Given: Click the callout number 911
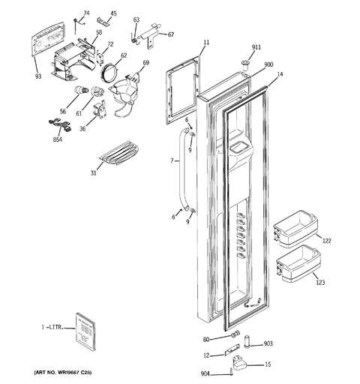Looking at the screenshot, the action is point(256,47).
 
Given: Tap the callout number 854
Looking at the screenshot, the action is point(58,139).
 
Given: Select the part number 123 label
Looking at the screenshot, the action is point(320,283).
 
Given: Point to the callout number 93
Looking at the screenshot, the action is point(38,76).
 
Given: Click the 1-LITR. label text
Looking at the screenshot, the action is point(52,327).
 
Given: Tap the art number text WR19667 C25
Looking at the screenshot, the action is point(63,373).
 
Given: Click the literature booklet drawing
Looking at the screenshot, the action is point(85,331).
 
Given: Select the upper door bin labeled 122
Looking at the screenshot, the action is point(295,229).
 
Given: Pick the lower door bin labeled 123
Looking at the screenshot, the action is point(298,263).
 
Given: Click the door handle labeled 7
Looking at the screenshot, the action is point(184,170).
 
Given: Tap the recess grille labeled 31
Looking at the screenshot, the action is point(119,152).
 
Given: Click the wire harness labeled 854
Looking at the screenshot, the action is point(60,126).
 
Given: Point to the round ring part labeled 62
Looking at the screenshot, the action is point(109,73).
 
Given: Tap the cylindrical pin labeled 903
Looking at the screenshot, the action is point(247,340).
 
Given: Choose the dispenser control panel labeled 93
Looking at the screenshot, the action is point(48,39).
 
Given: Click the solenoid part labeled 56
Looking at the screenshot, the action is point(81,90).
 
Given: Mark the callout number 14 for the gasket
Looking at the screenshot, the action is point(280,74).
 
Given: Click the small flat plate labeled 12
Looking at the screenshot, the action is point(232,349).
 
